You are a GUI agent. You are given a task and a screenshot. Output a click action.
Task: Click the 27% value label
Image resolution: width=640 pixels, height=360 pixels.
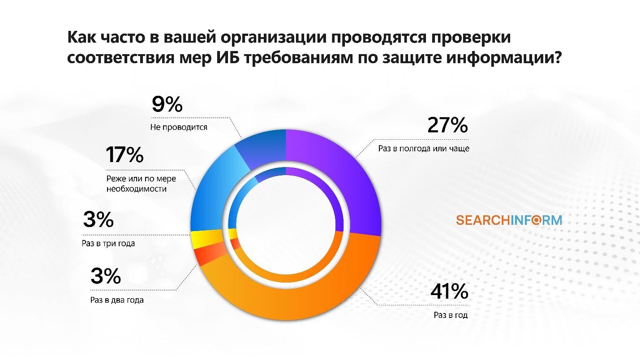447,126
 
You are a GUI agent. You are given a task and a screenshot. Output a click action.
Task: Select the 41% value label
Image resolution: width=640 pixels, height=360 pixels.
449,292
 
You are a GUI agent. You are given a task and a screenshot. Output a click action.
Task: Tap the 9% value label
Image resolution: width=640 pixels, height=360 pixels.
167,105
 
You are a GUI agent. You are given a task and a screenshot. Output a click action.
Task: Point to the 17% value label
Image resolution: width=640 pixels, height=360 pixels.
125,155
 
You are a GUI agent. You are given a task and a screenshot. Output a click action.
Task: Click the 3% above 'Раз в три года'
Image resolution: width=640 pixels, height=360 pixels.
98,220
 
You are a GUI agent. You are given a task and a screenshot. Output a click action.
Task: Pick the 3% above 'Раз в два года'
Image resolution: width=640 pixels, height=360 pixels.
106,277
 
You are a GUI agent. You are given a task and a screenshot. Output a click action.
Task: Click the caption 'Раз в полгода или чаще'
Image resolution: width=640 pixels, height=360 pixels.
423,148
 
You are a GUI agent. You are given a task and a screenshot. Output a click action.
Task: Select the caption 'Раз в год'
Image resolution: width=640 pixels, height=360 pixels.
451,315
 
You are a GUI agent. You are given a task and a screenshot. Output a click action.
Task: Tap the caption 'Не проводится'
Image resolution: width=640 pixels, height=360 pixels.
179,127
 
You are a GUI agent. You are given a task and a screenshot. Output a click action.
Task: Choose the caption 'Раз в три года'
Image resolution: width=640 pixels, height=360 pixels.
109,244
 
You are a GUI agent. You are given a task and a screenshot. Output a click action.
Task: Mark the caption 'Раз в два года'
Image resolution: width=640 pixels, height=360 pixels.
116,300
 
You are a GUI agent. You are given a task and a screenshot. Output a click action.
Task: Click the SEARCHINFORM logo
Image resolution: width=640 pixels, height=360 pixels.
508,220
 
